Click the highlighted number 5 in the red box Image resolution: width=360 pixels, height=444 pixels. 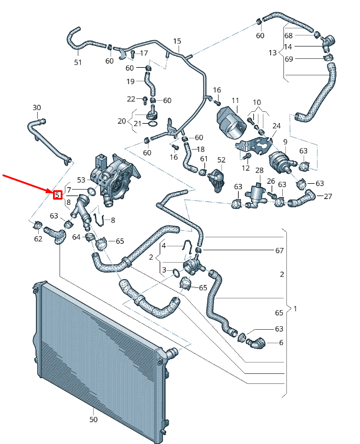(58, 194)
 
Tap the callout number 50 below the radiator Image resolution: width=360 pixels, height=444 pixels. (94, 420)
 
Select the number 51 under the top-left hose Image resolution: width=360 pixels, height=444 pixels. (78, 62)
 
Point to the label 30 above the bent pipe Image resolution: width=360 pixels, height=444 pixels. (37, 108)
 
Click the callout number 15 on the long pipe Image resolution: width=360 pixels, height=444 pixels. (177, 41)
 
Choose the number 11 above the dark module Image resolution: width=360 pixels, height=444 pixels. (235, 101)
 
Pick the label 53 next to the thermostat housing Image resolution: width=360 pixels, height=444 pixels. (81, 180)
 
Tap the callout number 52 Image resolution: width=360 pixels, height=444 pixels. (222, 160)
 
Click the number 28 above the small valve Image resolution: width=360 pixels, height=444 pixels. (258, 170)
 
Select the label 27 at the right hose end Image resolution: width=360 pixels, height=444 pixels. (328, 196)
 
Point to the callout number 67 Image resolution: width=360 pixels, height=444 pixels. (279, 250)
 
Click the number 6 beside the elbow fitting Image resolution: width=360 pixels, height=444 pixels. (280, 342)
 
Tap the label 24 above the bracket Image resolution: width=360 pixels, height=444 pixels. (276, 126)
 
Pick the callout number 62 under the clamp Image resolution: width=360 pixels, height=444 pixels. (38, 239)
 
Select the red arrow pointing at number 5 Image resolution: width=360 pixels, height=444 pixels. (27, 183)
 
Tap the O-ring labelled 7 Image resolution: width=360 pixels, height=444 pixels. (92, 191)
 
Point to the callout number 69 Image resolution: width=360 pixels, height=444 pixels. (288, 59)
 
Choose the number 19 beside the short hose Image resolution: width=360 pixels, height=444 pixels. (131, 81)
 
